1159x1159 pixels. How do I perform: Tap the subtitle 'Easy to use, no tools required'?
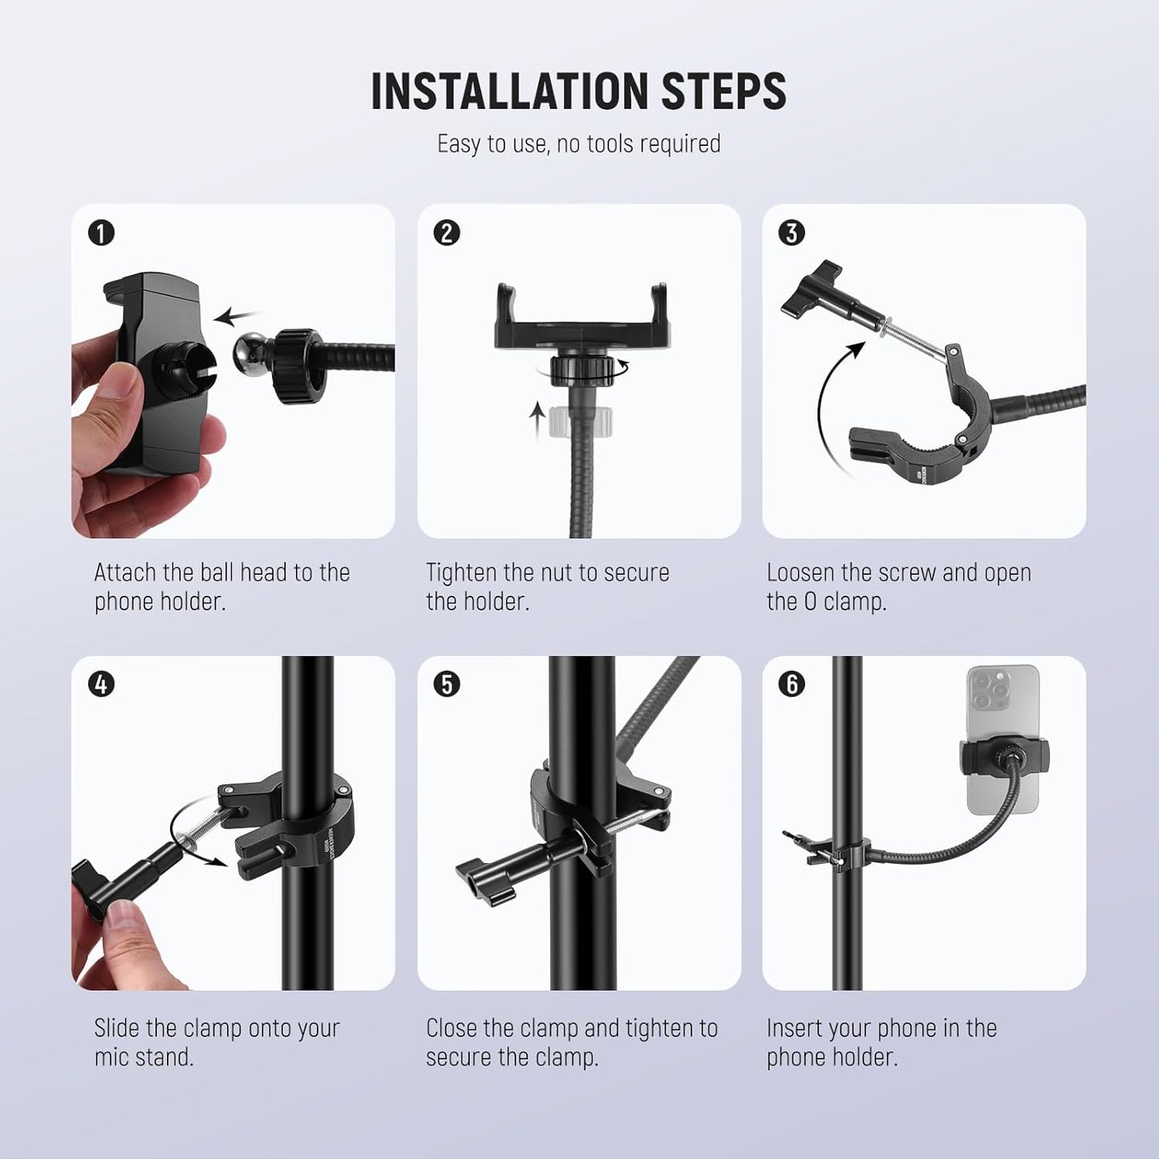point(578,144)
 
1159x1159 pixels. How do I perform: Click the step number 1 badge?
point(102,233)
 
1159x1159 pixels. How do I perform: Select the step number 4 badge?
point(102,684)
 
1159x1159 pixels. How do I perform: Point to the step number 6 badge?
point(792,684)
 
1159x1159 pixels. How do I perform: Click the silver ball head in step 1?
point(252,355)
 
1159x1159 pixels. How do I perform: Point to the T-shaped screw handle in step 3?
point(810,289)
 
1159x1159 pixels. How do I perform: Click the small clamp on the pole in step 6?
point(842,853)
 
